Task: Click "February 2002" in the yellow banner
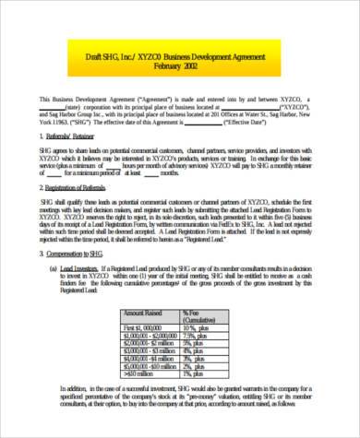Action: point(177,69)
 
